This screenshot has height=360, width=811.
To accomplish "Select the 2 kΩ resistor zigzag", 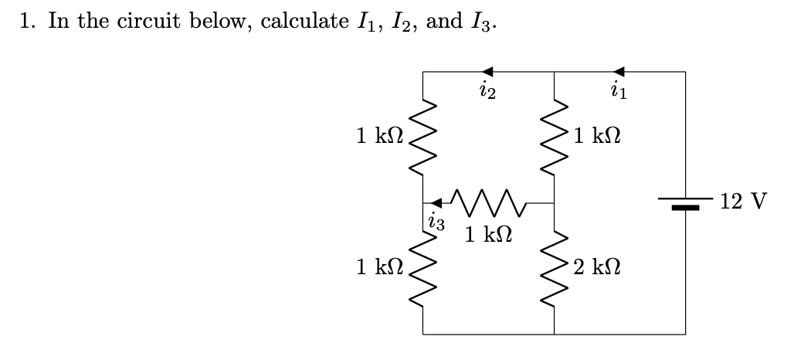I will tap(554, 269).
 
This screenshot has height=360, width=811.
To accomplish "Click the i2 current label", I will tap(487, 94).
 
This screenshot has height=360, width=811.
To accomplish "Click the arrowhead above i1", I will tap(619, 73).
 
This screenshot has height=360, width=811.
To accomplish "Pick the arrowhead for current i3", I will tap(437, 203).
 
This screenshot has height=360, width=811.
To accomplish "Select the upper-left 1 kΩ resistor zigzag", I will tap(422, 136).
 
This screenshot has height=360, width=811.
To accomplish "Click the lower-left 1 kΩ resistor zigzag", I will tap(422, 269).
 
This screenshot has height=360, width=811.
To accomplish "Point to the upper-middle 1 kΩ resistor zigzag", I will tap(554, 136).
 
